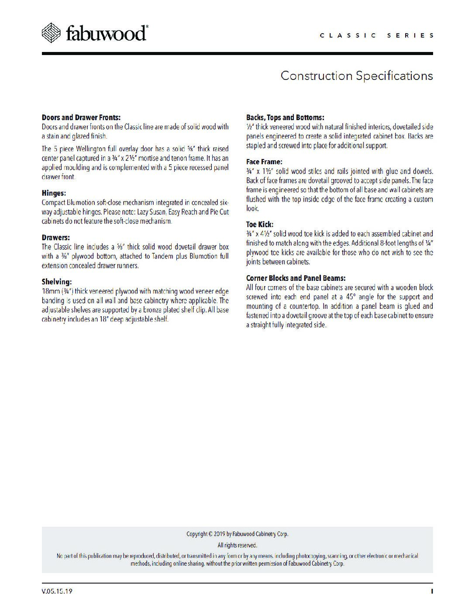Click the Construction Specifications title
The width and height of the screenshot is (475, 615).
point(357,76)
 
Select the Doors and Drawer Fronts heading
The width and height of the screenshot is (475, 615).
point(81,117)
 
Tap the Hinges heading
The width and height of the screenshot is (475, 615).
point(54,193)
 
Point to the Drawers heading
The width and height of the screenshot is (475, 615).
point(55,238)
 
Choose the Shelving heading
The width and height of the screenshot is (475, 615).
point(57,282)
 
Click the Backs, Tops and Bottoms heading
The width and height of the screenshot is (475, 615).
point(285,117)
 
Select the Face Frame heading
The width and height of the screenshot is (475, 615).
point(264,162)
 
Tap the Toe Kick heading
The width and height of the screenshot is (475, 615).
point(260,225)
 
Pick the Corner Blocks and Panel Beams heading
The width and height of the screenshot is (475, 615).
point(296,278)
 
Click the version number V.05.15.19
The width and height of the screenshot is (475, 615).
point(57,591)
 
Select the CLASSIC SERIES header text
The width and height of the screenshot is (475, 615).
point(377,35)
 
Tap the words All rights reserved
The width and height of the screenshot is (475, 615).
point(237,545)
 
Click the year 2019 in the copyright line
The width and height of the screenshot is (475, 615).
point(220,534)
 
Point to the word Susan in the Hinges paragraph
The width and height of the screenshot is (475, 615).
point(157,212)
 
